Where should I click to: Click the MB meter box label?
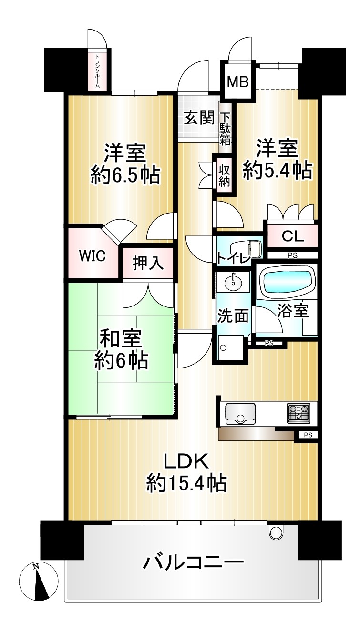pos(238,82)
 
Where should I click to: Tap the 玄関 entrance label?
pos(199,118)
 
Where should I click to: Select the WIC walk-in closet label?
pos(93,256)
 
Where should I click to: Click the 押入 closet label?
pos(148,263)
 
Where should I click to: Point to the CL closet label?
pos(292,236)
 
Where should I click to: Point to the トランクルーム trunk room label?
pos(97,71)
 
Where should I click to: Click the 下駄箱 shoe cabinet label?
pos(226,129)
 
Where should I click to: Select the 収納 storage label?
pos(224,176)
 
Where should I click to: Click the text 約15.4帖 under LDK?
pos(186,483)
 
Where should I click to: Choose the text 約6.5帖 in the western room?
pos(125,175)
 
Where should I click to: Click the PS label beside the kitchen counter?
pos(308,435)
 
